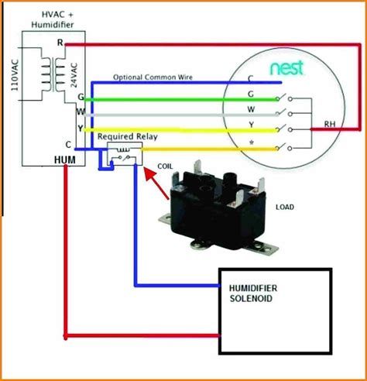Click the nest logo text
click(x=286, y=67)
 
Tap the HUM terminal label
click(x=65, y=160)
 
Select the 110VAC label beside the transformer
click(x=15, y=75)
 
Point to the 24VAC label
click(x=74, y=75)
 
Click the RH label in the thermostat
click(x=330, y=124)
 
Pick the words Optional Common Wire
click(x=153, y=77)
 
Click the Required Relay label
click(x=128, y=136)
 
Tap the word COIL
click(x=165, y=166)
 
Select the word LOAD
click(x=285, y=207)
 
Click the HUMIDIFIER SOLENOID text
click(x=253, y=293)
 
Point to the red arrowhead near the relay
click(x=149, y=173)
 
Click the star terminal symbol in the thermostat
click(x=251, y=142)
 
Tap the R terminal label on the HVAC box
click(x=60, y=43)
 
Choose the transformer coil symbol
click(x=53, y=74)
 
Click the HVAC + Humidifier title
click(x=53, y=19)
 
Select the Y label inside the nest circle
click(x=251, y=125)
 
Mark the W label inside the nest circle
click(x=251, y=109)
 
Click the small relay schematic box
click(x=125, y=154)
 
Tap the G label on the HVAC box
click(x=81, y=97)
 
